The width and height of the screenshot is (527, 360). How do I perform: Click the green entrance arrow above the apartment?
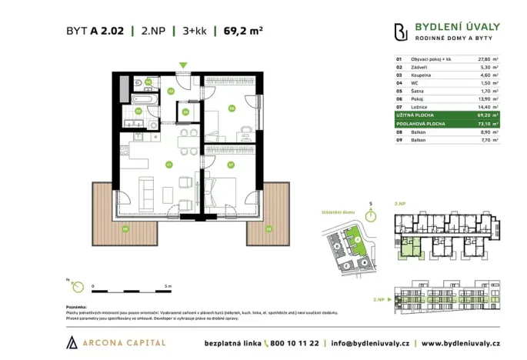pyautogui.click(x=182, y=66)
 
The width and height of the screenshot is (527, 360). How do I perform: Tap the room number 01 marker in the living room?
pyautogui.click(x=168, y=164)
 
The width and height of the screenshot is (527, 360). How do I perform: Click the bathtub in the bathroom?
pyautogui.click(x=143, y=99)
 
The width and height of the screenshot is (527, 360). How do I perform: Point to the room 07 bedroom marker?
pyautogui.click(x=230, y=164)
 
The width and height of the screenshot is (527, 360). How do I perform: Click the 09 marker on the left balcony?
pyautogui.click(x=124, y=228)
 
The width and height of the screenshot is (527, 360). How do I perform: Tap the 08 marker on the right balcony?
pyautogui.click(x=268, y=228)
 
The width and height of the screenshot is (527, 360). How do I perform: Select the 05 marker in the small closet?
pyautogui.click(x=186, y=112)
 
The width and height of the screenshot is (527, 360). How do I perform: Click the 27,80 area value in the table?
pyautogui.click(x=484, y=58)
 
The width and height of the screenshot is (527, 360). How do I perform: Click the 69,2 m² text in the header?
pyautogui.click(x=243, y=31)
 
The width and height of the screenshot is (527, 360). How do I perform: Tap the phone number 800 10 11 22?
pyautogui.click(x=295, y=342)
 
